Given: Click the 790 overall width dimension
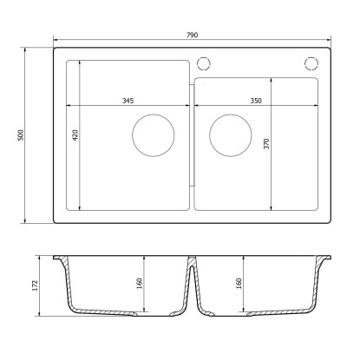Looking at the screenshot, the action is pyautogui.click(x=192, y=35).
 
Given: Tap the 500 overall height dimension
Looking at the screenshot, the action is pyautogui.click(x=21, y=135).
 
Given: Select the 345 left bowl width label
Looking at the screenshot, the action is pyautogui.click(x=128, y=101).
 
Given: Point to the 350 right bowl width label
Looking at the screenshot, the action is pyautogui.click(x=256, y=101).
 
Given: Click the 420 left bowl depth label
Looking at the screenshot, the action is pyautogui.click(x=75, y=135).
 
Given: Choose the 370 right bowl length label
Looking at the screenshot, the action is pyautogui.click(x=266, y=144).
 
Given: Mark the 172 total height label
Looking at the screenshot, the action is pyautogui.click(x=35, y=285).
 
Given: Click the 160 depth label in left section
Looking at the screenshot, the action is pyautogui.click(x=140, y=284).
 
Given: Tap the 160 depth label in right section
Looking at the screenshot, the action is pyautogui.click(x=239, y=284).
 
